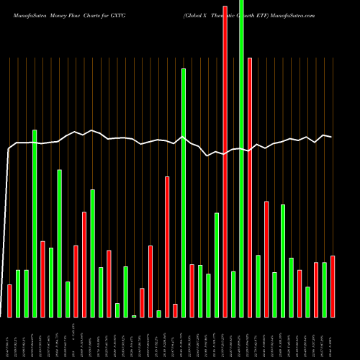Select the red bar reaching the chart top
point(225,158)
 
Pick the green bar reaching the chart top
point(241,158)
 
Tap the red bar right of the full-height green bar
point(250,187)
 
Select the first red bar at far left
point(9,300)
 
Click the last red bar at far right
point(333,286)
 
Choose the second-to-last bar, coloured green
point(324,289)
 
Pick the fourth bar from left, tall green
point(34,223)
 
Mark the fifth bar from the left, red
point(42,279)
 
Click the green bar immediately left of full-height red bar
point(217,264)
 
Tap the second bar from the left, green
point(18,293)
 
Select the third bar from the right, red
point(316,289)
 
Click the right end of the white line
point(331,137)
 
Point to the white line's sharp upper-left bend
point(9,149)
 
